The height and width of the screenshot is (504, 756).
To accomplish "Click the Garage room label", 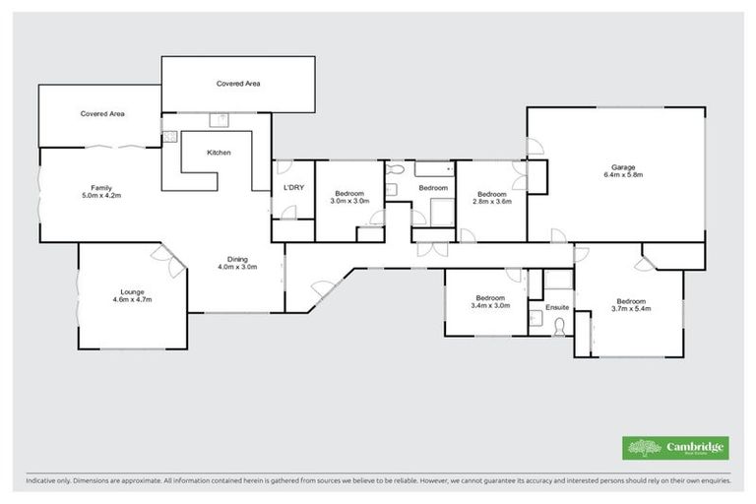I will pyautogui.click(x=622, y=170).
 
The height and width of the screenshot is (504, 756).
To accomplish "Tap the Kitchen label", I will pyautogui.click(x=219, y=154).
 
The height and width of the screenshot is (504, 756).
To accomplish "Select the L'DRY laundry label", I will pyautogui.click(x=293, y=187).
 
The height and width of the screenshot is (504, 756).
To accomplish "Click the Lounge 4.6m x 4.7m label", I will pyautogui.click(x=133, y=295).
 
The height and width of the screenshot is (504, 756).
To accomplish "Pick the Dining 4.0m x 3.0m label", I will pyautogui.click(x=236, y=263).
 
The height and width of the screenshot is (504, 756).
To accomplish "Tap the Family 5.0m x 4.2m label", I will pyautogui.click(x=99, y=191).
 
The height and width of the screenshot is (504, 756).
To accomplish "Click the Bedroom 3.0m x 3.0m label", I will pyautogui.click(x=349, y=197).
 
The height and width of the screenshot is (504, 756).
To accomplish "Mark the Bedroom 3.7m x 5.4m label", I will pyautogui.click(x=631, y=305).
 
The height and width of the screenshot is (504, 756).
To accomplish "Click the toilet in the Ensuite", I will pyautogui.click(x=560, y=326).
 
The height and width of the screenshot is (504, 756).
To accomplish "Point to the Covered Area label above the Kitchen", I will pyautogui.click(x=238, y=84).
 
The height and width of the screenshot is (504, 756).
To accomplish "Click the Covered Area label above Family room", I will pyautogui.click(x=101, y=114).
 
